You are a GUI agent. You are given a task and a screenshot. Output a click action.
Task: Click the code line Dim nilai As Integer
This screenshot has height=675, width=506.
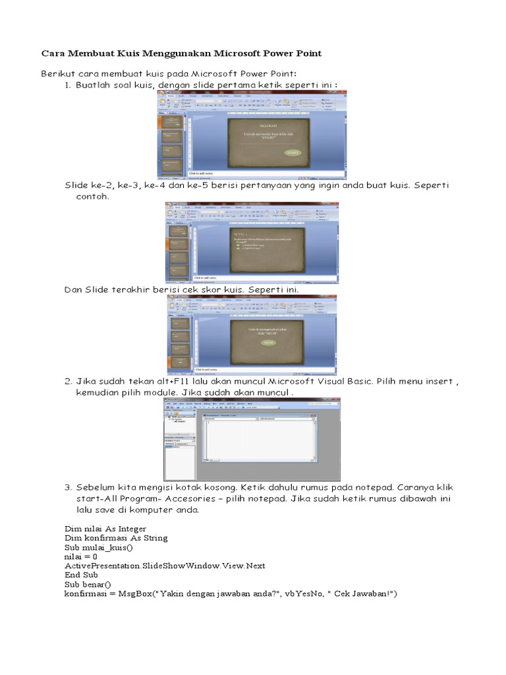pos(105,529)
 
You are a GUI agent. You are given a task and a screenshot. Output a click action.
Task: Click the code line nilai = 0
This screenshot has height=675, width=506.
pos(80,556)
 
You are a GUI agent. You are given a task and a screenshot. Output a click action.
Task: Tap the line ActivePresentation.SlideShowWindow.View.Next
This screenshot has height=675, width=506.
pos(164,566)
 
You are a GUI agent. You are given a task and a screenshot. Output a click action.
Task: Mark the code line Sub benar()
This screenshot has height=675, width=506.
pos(88,584)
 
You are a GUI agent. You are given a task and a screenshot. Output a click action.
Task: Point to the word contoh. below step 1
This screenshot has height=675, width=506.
pos(92,196)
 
